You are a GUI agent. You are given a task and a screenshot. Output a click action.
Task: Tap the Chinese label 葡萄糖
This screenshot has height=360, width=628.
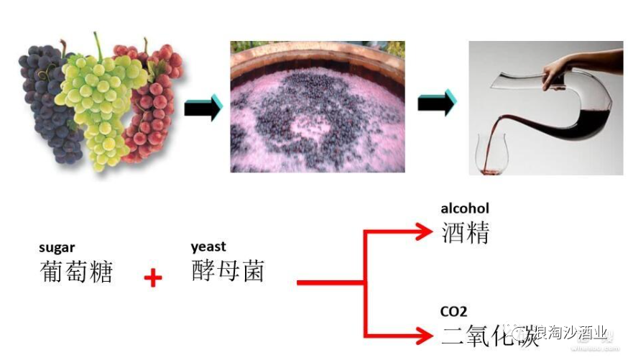pos(77,271)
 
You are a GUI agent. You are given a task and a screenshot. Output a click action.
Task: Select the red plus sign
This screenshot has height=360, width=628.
pos(152,278)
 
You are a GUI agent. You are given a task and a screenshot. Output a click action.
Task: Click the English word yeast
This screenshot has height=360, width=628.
pos(208,246)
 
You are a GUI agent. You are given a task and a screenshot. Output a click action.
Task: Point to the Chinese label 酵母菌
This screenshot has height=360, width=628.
pos(228,270)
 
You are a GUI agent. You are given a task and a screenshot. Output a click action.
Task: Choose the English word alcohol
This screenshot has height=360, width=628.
pos(464,208)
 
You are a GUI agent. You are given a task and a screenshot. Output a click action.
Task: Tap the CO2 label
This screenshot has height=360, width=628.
pos(453,311)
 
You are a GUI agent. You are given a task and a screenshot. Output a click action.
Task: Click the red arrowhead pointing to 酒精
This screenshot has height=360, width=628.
pos(425,232)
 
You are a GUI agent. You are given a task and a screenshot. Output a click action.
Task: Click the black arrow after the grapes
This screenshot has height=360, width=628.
pos(203,107)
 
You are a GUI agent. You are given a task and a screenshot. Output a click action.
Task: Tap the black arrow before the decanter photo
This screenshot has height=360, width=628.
pos(436,102)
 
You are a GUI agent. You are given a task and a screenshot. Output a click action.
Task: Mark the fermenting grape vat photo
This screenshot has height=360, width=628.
pos(317,106)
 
